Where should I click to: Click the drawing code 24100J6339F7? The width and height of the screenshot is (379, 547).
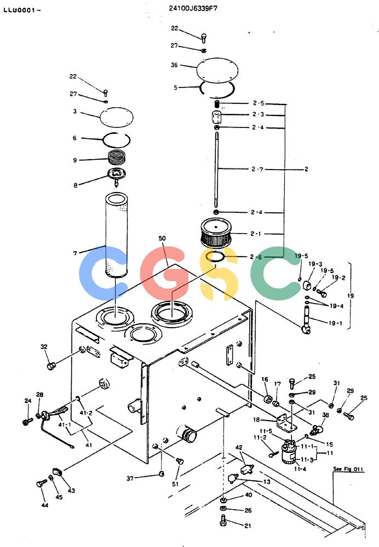(x=193, y=8)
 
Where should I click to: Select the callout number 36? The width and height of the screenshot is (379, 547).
(x=174, y=65)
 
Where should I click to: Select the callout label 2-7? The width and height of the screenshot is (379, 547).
(x=257, y=169)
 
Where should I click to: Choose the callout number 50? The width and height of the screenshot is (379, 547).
(x=162, y=238)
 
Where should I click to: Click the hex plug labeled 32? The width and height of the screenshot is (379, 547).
(x=51, y=366)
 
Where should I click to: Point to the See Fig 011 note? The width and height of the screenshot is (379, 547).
(x=348, y=469)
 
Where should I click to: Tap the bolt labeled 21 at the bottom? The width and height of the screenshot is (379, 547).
(x=223, y=520)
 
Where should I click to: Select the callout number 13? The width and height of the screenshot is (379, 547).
(x=267, y=482)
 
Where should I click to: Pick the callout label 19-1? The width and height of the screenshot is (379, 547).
(x=335, y=323)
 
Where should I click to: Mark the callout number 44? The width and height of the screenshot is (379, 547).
(x=45, y=505)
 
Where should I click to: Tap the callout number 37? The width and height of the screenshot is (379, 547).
(x=130, y=478)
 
